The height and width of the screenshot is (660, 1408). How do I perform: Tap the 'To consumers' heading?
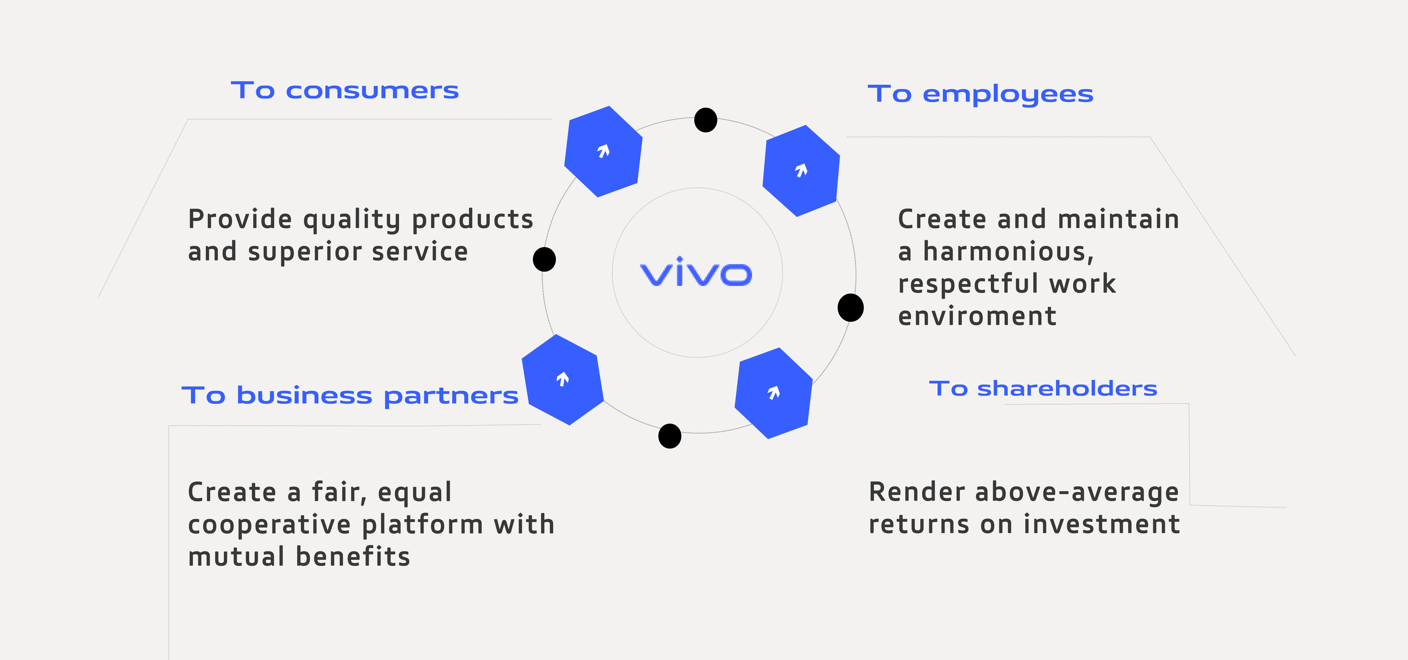(344, 91)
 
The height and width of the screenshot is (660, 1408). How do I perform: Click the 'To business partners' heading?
(350, 396)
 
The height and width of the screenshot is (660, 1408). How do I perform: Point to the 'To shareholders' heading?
(1043, 389)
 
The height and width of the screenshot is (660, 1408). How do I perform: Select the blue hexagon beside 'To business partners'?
(562, 379)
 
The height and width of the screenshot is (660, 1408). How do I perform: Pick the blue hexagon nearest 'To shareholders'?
(773, 393)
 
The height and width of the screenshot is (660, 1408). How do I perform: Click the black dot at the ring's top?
(706, 120)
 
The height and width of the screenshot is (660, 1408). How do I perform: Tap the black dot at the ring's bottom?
(670, 436)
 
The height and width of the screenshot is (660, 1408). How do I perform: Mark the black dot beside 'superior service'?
(544, 259)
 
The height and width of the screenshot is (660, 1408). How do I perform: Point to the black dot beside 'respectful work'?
(851, 308)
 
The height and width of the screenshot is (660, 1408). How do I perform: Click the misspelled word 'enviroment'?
(977, 316)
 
